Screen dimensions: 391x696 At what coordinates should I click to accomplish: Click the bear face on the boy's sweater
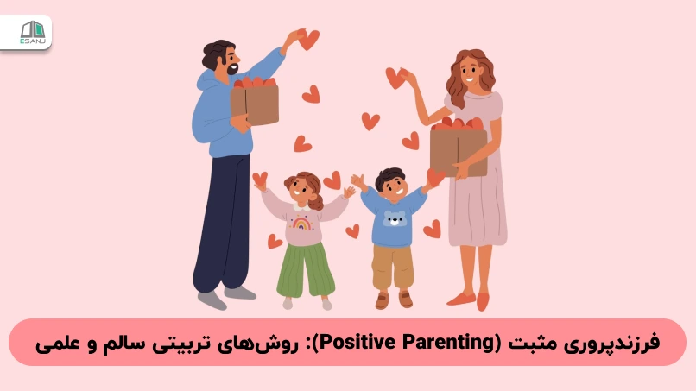tap(395, 219)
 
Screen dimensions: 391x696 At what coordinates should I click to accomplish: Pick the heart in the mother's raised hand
tap(395, 78)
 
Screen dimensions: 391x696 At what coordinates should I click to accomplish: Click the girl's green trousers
tap(303, 268)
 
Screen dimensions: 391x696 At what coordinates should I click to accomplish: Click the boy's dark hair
tap(391, 177)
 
